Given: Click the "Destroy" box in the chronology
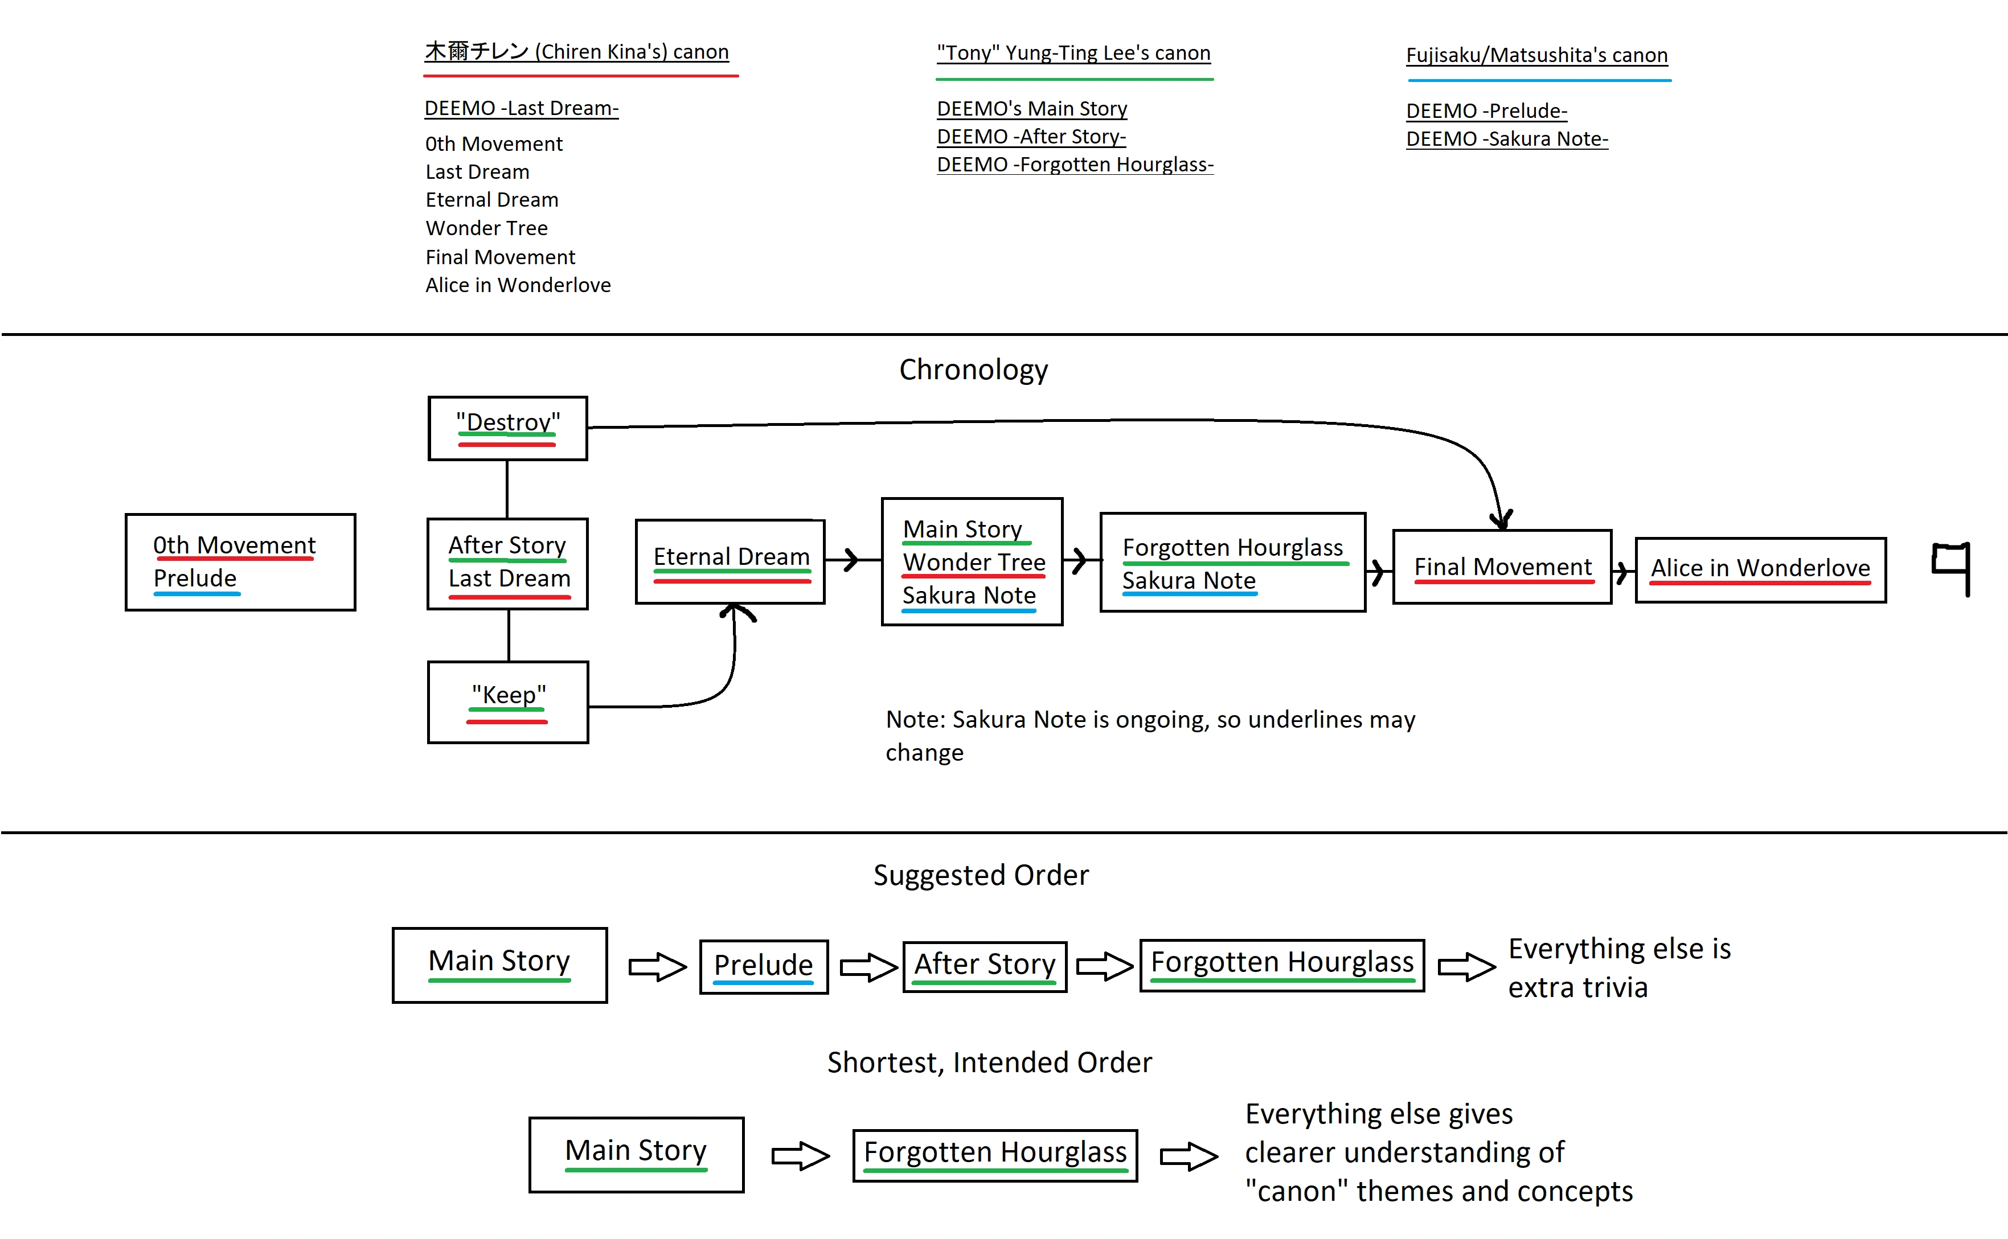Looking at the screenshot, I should pyautogui.click(x=507, y=428).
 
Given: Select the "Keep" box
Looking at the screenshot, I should pyautogui.click(x=507, y=701).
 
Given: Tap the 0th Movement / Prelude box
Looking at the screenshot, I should pyautogui.click(x=240, y=562).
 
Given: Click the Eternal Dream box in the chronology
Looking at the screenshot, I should pyautogui.click(x=730, y=561).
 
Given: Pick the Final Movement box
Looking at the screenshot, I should pyautogui.click(x=1502, y=567).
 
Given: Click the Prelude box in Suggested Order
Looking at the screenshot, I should pyautogui.click(x=763, y=966).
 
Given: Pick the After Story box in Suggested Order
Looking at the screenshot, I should pyautogui.click(x=984, y=966).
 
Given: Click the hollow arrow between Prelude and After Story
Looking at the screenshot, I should pyautogui.click(x=868, y=967).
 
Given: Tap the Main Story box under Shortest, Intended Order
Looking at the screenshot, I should pyautogui.click(x=636, y=1154).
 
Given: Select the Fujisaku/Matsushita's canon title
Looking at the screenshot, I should pyautogui.click(x=1536, y=55).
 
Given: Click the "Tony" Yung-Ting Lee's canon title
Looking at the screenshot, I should pyautogui.click(x=1073, y=54).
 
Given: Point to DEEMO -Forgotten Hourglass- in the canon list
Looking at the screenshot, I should pyautogui.click(x=1075, y=165).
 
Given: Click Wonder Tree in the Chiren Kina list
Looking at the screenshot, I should pyautogui.click(x=487, y=228).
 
